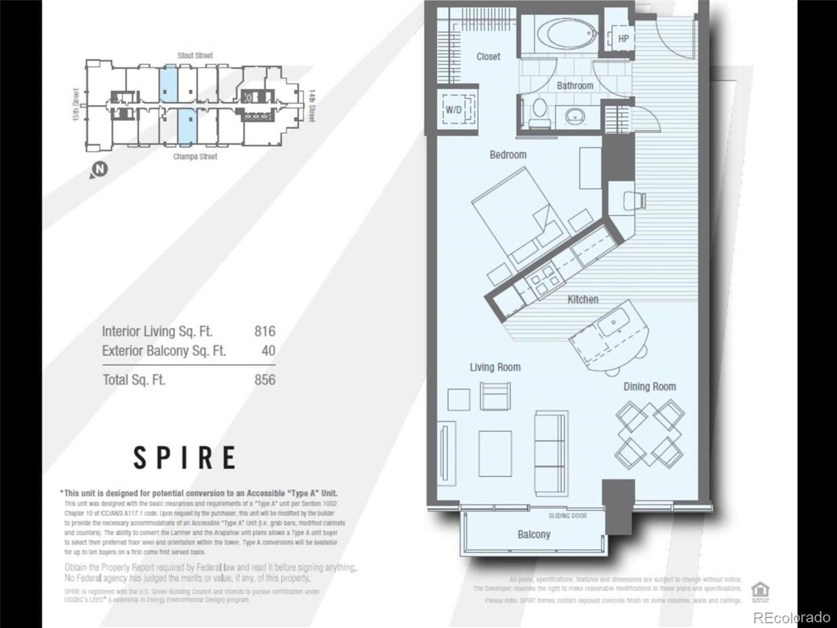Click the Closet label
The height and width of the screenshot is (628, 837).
point(488,57)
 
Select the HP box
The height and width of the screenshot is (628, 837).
point(623,39)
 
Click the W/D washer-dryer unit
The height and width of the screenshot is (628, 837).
point(454,110)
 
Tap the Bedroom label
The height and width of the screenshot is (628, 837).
point(507,155)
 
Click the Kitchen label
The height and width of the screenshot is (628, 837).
point(583,299)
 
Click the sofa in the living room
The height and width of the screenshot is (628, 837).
point(551,452)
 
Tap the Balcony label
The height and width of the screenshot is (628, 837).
point(534,534)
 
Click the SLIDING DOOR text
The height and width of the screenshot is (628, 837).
point(567,516)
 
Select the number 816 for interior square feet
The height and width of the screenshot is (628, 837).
point(265,331)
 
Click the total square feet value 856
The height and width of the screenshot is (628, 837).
point(265,380)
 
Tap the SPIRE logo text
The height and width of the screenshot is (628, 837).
point(184,457)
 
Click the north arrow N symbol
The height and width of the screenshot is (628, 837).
point(99,170)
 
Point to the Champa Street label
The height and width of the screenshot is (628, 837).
point(195,156)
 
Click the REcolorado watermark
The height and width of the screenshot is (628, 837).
point(791,617)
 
